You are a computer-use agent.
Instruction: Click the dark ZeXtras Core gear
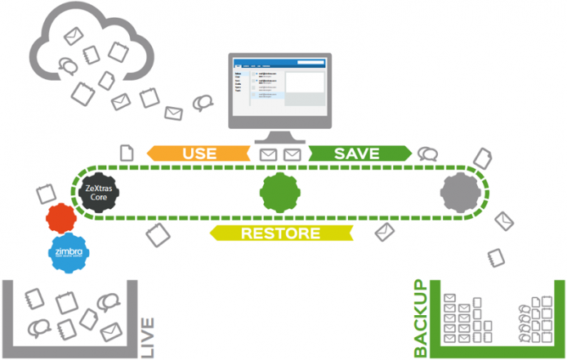[102, 192]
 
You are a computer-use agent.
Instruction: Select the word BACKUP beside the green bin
[420, 318]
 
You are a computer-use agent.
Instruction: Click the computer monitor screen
[279, 90]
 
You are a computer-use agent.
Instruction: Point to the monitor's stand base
[279, 138]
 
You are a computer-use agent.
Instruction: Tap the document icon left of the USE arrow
[127, 152]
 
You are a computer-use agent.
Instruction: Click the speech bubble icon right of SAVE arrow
[427, 153]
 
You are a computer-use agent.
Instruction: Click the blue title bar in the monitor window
[279, 63]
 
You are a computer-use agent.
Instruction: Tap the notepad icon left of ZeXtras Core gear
[46, 194]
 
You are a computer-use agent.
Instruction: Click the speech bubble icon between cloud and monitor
[202, 104]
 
